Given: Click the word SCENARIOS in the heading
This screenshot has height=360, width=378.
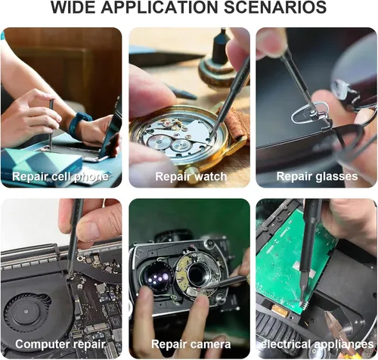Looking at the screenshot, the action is pyautogui.click(x=275, y=8).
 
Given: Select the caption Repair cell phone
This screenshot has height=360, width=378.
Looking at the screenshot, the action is pyautogui.click(x=60, y=176).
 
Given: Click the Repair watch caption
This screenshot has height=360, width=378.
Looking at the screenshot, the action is pyautogui.click(x=191, y=176).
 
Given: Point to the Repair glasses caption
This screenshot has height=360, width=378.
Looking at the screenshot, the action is pyautogui.click(x=317, y=176).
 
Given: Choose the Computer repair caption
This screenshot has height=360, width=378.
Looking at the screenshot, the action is pyautogui.click(x=60, y=344).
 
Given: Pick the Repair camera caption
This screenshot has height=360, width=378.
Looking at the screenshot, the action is pyautogui.click(x=191, y=344).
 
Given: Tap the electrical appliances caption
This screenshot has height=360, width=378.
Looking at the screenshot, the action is pyautogui.click(x=317, y=344).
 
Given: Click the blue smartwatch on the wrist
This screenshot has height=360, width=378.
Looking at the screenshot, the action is pyautogui.click(x=79, y=124).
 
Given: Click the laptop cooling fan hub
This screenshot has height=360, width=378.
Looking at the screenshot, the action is pyautogui.click(x=26, y=312).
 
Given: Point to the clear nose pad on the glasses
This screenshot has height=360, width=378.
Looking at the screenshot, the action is pyautogui.click(x=310, y=114).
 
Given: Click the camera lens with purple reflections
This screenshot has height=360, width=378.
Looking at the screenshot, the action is pyautogui.click(x=156, y=278).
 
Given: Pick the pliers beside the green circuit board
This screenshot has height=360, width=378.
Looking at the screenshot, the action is pyautogui.click(x=338, y=327).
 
